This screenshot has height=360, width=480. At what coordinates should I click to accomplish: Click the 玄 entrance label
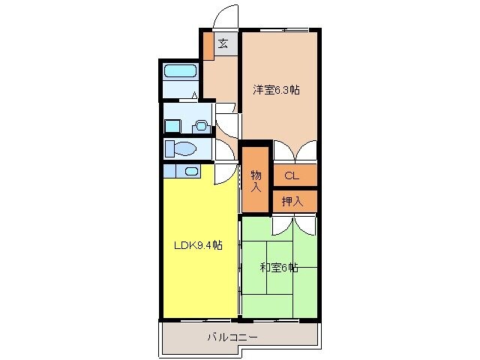(x=223, y=43)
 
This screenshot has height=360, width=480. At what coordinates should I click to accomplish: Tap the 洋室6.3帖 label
(x=276, y=90)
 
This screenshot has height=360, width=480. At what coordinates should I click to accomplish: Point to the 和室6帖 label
(x=279, y=267)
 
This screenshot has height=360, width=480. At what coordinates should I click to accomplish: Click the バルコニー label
(x=232, y=337)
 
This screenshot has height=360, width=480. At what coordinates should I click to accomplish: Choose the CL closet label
(x=292, y=176)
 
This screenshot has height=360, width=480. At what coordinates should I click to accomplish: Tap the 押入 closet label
(x=292, y=201)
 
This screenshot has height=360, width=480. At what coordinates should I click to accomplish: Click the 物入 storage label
(x=255, y=181)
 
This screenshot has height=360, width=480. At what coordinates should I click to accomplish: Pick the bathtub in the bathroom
(x=180, y=73)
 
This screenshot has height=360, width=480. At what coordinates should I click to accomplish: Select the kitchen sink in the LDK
(x=191, y=171)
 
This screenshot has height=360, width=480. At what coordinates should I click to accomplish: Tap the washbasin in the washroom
(x=200, y=126)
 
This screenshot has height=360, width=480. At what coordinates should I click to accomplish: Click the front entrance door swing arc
(x=226, y=16)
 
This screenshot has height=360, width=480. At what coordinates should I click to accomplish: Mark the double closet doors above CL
(x=295, y=151)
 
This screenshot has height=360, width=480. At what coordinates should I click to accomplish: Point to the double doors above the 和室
(x=295, y=224)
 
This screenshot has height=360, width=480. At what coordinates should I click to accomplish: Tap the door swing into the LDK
(x=224, y=175)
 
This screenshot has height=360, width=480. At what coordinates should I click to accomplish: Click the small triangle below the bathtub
(x=194, y=95)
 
